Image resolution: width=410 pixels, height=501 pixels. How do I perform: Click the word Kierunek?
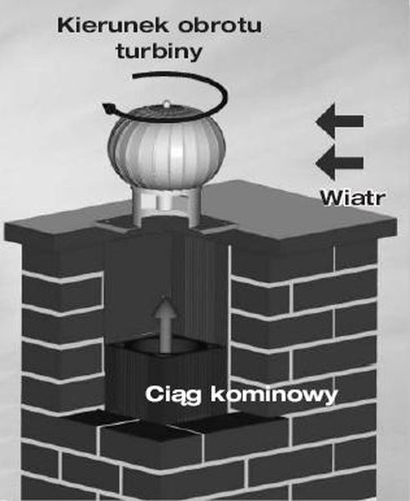pos(113,25)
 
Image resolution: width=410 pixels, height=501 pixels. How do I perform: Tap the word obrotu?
pos(220,25)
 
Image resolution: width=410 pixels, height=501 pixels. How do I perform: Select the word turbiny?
pos(159,52)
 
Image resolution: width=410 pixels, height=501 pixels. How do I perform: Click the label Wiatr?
pos(352,198)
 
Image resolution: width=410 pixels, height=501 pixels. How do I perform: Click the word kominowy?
pos(274,395)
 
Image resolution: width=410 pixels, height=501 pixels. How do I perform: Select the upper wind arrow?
pos(339,121)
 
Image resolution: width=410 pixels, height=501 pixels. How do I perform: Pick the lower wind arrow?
pos(339,163)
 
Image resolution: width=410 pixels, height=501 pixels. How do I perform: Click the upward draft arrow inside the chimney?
pos(165,324)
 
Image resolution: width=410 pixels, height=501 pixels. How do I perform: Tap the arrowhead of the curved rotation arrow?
pos(109,109)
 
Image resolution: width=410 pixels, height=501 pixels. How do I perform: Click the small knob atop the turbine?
pos(166,104)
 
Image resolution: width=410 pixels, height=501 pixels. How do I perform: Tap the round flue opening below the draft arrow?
pos(165,347)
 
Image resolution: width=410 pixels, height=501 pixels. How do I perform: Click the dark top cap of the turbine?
pos(166,114)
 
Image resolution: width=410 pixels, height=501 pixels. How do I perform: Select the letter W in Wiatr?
pos(332,198)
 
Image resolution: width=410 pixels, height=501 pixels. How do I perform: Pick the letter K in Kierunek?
pos(64,25)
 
